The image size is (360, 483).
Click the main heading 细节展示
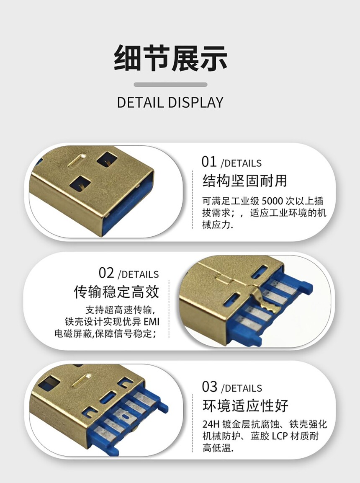point(170,58)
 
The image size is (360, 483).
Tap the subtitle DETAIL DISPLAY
point(170,102)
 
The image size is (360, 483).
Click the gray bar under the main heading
point(170,85)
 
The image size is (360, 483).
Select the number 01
point(209,162)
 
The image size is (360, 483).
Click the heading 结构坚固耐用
point(244,181)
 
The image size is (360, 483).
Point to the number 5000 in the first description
point(272,201)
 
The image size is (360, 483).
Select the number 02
point(106,273)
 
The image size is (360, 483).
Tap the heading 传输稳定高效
point(117,292)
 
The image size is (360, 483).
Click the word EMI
point(152,322)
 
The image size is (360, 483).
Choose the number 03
point(210,387)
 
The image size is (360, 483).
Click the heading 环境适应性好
point(245,406)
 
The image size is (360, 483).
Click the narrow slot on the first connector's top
point(77,160)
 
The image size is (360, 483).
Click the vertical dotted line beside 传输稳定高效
point(169,309)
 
